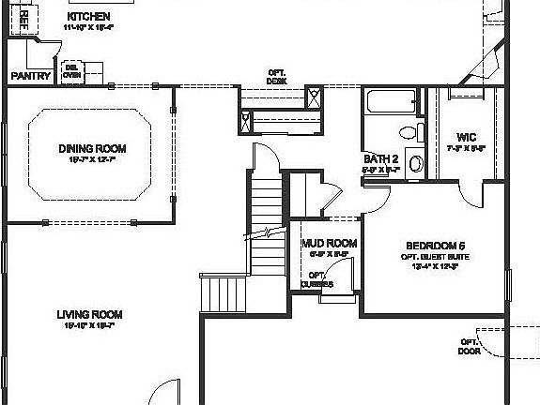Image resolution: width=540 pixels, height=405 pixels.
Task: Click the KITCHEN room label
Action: (x=89, y=17)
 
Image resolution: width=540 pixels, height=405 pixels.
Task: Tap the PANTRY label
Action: (x=29, y=76)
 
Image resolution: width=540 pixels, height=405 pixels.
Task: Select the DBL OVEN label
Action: (x=71, y=71)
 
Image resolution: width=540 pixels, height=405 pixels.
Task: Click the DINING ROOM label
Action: (x=91, y=148)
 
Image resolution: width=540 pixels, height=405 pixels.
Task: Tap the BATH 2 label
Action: (x=381, y=158)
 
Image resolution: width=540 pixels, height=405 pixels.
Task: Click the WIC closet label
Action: (x=466, y=137)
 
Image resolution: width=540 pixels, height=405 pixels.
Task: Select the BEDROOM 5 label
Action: (x=436, y=246)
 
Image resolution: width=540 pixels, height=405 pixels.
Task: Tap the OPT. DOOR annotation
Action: (x=470, y=346)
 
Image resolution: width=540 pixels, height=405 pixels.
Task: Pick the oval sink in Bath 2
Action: (x=416, y=163)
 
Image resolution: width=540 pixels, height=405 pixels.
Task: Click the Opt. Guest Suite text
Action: (x=436, y=256)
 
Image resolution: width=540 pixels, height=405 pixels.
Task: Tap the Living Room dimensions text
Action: (x=89, y=326)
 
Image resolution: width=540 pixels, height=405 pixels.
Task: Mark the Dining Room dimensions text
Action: (x=91, y=159)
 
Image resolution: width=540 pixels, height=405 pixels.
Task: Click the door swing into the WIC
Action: (x=469, y=189)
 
